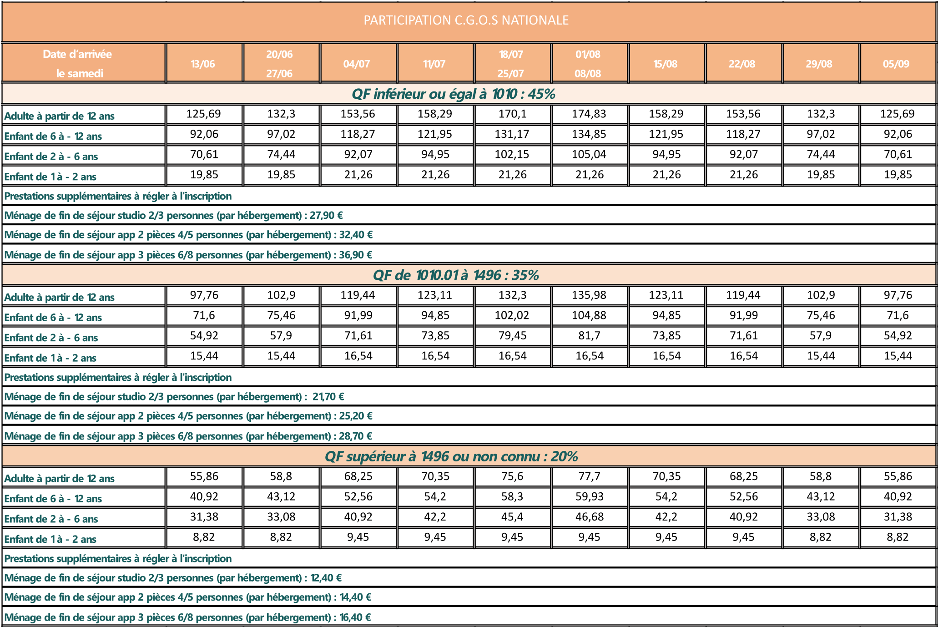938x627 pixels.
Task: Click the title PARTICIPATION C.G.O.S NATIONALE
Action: pyautogui.click(x=466, y=20)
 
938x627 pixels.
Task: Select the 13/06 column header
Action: pyautogui.click(x=203, y=64)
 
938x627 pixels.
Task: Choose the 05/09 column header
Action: pyautogui.click(x=896, y=64)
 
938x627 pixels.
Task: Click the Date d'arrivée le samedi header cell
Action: pyautogui.click(x=78, y=64)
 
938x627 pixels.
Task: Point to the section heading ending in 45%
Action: pyautogui.click(x=454, y=94)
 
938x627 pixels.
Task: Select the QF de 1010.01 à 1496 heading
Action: pyautogui.click(x=455, y=275)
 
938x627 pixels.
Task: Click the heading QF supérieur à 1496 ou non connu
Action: pyautogui.click(x=451, y=456)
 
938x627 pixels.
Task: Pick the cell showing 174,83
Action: pyautogui.click(x=589, y=114)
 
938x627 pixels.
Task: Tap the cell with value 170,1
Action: pyautogui.click(x=512, y=114)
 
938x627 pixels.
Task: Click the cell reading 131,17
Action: pyautogui.click(x=512, y=134)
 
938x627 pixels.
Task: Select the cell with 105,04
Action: pyautogui.click(x=589, y=155)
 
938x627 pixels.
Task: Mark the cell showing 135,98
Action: pyautogui.click(x=589, y=295)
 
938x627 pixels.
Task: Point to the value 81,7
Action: pyautogui.click(x=589, y=336)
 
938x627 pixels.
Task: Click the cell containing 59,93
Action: pyautogui.click(x=589, y=497)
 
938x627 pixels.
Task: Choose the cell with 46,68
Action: pyautogui.click(x=589, y=517)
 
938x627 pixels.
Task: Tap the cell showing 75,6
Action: pyautogui.click(x=512, y=476)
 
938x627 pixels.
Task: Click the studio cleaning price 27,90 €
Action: pyautogui.click(x=326, y=216)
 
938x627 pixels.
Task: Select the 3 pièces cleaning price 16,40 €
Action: pyautogui.click(x=355, y=617)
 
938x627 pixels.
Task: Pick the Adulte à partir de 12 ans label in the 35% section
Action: pyautogui.click(x=60, y=298)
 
